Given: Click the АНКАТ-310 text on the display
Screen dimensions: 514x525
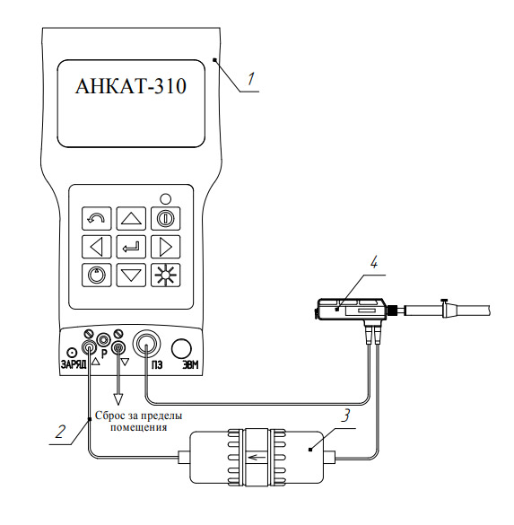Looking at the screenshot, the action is click(130, 86).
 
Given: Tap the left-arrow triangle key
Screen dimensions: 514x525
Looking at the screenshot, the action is click(97, 247).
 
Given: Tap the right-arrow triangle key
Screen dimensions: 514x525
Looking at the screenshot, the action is click(166, 247).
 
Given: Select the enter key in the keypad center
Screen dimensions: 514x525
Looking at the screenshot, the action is click(131, 247).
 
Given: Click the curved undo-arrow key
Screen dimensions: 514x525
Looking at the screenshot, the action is click(97, 219).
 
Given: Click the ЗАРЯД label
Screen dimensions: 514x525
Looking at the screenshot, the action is click(74, 364).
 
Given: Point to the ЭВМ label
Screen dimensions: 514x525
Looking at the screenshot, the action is click(190, 364).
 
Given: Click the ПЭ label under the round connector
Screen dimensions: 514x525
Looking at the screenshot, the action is click(157, 364).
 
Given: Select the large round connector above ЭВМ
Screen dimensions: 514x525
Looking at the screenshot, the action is click(181, 348).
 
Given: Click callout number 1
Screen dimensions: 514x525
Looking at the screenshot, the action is click(251, 79).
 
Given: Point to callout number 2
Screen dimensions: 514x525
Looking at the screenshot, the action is click(61, 432).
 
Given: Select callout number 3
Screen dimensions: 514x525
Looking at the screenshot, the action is click(345, 416).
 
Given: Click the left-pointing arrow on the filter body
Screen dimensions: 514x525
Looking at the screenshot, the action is click(256, 457).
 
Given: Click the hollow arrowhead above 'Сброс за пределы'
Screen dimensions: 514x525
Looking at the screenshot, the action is click(118, 399).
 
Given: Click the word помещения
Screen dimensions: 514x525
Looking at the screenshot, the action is click(138, 427).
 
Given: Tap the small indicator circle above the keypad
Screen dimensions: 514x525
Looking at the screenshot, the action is click(165, 199).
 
